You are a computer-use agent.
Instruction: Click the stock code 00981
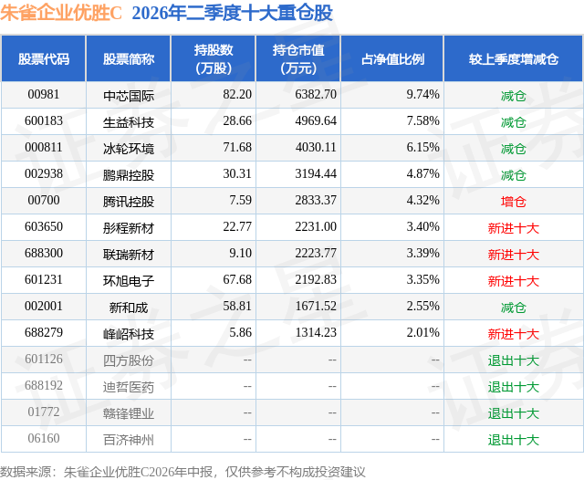44,95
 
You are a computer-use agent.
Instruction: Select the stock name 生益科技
129,122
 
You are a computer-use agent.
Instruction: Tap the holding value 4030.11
316,148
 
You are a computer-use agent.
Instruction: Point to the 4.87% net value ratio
422,174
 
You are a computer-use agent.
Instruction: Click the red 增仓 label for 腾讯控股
513,202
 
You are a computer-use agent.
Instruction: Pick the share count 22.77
237,227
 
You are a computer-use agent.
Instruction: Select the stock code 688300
44,253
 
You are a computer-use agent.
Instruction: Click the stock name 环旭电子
129,281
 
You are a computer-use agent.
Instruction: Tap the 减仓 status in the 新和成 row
513,308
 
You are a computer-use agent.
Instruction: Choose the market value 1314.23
316,332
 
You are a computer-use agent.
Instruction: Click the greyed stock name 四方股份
129,360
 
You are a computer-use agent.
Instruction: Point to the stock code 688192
44,385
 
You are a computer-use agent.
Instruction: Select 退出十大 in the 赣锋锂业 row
513,413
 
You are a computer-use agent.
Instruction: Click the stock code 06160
44,438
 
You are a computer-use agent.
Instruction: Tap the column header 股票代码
44,58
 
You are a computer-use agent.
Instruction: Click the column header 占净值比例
392,58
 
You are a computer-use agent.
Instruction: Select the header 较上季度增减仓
514,58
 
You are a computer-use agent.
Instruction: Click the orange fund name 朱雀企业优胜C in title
61,13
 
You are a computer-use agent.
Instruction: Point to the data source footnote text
182,472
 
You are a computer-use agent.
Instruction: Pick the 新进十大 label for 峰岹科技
513,334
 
